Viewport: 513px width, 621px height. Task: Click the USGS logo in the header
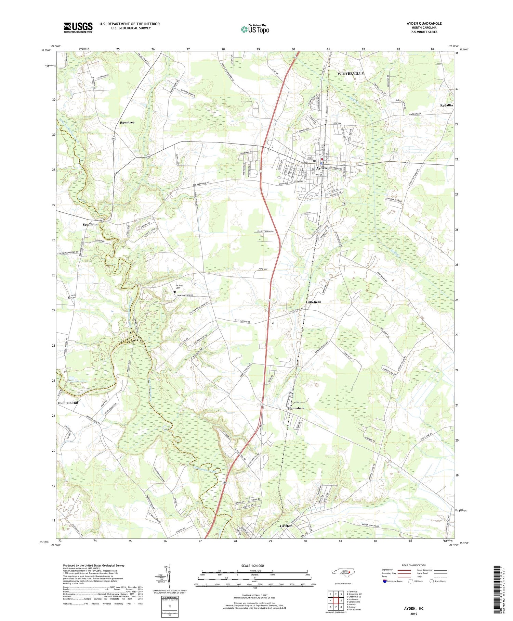78,27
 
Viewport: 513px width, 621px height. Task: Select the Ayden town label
321,168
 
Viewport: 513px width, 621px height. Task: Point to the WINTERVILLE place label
351,74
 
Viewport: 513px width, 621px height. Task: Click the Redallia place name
447,105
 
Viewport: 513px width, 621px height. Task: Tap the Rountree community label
127,122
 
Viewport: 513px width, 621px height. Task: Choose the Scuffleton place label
90,224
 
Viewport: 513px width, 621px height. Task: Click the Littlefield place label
313,302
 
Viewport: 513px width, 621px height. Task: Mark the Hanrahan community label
295,408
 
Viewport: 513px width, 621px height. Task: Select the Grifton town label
286,526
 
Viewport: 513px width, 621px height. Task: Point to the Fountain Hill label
68,403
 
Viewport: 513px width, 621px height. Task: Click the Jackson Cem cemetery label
179,286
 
